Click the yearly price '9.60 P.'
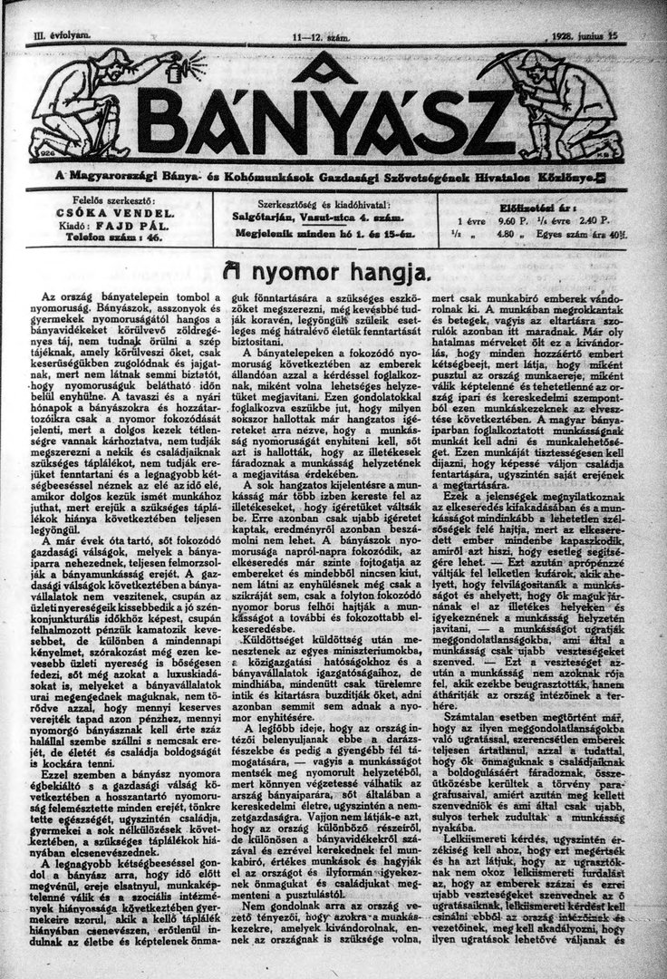pyautogui.click(x=512, y=218)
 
